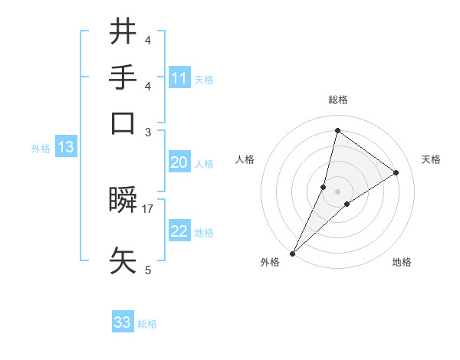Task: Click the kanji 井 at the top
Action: (x=123, y=32)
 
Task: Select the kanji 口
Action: (x=123, y=123)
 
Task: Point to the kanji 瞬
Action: (x=123, y=201)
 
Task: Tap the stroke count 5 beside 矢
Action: (x=147, y=270)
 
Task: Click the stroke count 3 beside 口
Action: (x=147, y=132)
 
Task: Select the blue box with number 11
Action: (x=179, y=78)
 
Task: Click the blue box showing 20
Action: (x=179, y=162)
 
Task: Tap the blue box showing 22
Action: (x=179, y=231)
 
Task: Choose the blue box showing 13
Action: (x=65, y=148)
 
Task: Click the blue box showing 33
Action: (x=123, y=322)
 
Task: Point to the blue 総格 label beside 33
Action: (x=147, y=324)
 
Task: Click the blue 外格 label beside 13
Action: (x=41, y=149)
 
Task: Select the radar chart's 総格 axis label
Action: (x=337, y=100)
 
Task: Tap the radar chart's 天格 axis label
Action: (x=431, y=159)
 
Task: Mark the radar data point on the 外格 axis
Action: (x=293, y=253)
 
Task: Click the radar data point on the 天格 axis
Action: (x=396, y=172)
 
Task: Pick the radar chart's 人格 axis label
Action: (x=245, y=159)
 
